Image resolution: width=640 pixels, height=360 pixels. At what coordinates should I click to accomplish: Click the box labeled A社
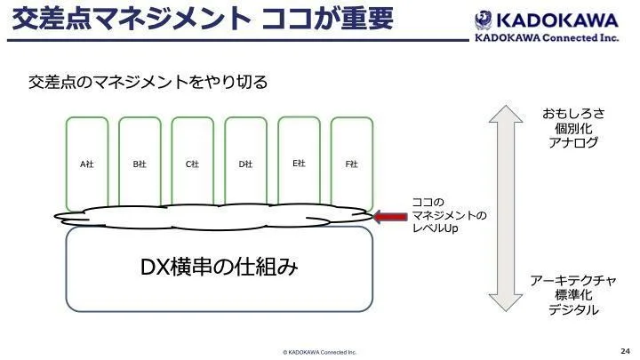(x=87, y=164)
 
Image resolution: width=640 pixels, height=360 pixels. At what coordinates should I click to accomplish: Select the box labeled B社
(x=140, y=164)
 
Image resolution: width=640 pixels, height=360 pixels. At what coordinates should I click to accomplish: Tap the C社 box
(x=192, y=164)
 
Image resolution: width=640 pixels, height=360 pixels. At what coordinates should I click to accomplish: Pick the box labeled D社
(x=245, y=164)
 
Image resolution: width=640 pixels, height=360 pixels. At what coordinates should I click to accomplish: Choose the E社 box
(x=299, y=163)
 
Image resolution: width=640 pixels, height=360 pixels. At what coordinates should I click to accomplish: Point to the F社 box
(x=351, y=164)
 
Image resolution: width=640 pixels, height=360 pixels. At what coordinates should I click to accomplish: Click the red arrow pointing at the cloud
(x=388, y=216)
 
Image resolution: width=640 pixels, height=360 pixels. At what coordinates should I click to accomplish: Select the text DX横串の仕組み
(x=218, y=267)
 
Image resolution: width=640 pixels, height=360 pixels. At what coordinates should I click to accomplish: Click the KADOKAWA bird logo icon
(x=484, y=18)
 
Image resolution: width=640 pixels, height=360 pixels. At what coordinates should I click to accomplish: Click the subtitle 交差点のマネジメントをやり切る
(x=148, y=83)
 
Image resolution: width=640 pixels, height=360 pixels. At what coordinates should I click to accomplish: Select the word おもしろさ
(x=573, y=113)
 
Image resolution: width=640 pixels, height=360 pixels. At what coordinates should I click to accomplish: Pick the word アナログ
(x=573, y=142)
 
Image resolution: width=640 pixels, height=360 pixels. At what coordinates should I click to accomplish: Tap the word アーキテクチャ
(x=573, y=280)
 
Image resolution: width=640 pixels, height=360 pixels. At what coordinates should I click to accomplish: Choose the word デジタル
(x=573, y=310)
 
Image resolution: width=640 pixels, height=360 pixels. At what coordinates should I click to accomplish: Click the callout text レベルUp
(x=435, y=228)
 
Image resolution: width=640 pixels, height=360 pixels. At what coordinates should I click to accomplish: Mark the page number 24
(x=623, y=350)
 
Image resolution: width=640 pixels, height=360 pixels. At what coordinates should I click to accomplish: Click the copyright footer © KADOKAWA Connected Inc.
(x=319, y=352)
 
